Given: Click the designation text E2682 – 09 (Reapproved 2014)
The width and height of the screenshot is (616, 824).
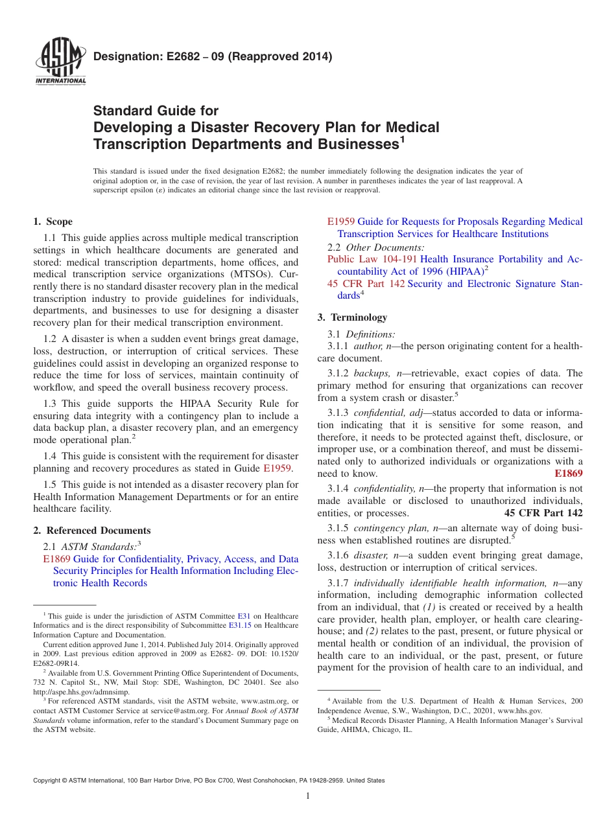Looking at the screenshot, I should point(213,57).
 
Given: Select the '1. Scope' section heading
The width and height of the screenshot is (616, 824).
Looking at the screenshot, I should point(53,222).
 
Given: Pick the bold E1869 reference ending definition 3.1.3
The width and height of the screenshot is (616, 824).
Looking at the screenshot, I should point(569,474).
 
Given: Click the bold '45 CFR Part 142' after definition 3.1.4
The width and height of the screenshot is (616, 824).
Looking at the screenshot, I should point(543,513).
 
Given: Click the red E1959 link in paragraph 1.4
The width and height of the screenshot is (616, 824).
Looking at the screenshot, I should point(277,468).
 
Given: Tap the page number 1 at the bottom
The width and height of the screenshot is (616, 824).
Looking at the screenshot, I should point(308,796).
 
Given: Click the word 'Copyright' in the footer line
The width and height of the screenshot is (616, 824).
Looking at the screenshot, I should point(49,781).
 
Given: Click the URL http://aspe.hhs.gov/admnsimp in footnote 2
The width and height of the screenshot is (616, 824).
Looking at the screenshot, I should point(81,692).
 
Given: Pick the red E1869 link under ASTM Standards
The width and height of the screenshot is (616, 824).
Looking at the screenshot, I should point(56,559).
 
